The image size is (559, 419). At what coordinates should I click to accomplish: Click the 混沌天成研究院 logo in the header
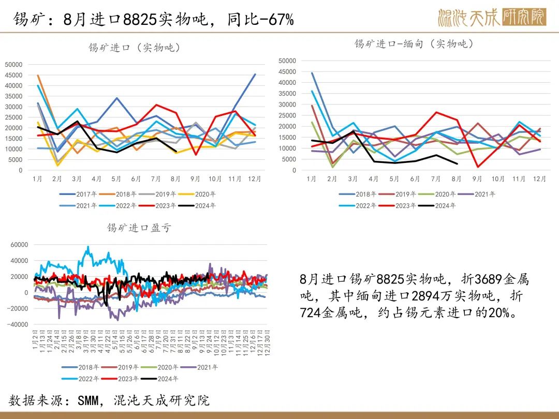491,18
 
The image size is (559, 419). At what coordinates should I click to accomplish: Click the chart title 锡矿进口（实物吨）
134,48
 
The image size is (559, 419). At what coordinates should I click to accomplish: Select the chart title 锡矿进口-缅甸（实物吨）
414,44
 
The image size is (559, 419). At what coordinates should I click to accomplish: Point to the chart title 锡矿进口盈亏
138,228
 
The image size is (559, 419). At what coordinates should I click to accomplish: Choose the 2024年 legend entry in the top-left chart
204,205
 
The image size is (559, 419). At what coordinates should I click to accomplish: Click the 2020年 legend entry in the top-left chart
204,194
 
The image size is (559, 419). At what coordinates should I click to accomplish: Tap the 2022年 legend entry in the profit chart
88,379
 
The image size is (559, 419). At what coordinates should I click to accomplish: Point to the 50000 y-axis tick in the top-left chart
13,64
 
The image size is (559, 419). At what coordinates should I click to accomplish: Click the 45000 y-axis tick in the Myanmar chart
287,71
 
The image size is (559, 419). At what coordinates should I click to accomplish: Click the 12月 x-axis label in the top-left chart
254,179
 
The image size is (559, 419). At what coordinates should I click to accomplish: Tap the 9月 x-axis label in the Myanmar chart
477,179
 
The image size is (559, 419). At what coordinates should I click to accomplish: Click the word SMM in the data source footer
89,400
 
